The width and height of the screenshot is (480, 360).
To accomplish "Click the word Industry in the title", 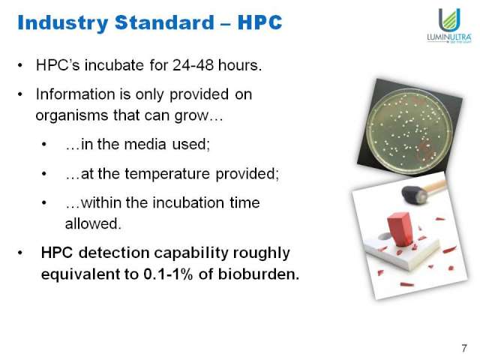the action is coord(63,23).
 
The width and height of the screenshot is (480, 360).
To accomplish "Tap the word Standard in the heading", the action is coord(165,22).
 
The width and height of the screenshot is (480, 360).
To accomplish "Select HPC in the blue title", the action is coord(259,22).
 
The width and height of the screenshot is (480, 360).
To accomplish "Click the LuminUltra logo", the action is coord(449,25).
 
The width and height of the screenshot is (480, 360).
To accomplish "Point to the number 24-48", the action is coord(193,65).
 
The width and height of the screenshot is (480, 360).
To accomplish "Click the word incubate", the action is coord(114,65).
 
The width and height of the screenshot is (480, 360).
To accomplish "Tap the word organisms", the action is coord(72,116).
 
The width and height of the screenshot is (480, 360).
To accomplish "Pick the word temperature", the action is coord(167,174).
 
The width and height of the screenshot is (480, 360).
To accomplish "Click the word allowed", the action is coord(93,223).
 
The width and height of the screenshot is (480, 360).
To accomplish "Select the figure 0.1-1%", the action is coord(168,274).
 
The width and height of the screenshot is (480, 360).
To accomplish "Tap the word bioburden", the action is coord(258,274).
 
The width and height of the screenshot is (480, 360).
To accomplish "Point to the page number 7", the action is coord(464,348).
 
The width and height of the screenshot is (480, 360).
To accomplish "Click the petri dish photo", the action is coord(410,127).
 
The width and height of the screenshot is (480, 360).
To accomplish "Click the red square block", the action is coord(400,229).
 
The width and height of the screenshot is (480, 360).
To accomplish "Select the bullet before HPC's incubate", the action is coord(20,65).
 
